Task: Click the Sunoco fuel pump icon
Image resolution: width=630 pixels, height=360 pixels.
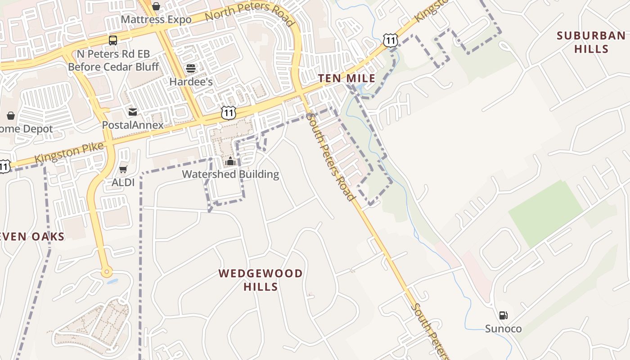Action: click(503, 315)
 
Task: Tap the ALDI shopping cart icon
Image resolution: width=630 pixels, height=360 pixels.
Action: click(123, 170)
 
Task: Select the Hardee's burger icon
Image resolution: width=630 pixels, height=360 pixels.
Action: click(191, 68)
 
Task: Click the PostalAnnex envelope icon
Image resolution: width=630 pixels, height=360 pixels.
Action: click(132, 112)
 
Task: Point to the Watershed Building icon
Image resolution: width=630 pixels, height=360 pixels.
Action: click(230, 161)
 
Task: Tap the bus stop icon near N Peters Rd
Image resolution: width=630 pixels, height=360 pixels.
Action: click(112, 40)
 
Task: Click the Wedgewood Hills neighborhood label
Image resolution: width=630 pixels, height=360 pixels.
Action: click(261, 279)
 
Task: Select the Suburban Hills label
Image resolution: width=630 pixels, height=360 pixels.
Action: click(591, 42)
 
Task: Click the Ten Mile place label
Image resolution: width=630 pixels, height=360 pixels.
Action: click(346, 78)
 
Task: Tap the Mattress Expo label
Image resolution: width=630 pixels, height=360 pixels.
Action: click(156, 20)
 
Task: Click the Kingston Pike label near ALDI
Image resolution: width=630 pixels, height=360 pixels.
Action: click(69, 153)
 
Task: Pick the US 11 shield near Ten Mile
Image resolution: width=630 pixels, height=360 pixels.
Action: click(391, 40)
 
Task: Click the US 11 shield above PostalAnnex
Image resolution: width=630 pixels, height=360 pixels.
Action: click(229, 112)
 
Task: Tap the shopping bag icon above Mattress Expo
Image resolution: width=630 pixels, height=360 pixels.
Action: click(156, 6)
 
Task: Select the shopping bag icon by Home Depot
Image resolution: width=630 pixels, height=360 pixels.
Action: click(11, 116)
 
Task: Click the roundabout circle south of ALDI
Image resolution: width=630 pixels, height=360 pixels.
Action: click(107, 271)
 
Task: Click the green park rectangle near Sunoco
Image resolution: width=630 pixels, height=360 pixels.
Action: click(545, 213)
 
